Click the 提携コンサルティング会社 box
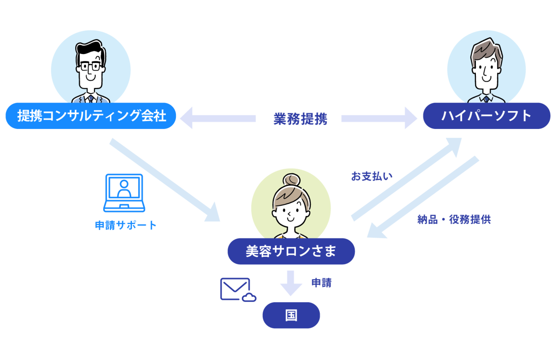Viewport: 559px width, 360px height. pos(91,116)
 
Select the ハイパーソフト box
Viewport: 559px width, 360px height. pos(486,116)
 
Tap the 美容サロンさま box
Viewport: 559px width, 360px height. pos(291,251)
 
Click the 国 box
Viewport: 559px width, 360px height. pos(291,315)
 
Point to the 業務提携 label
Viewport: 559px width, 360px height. pos(300,118)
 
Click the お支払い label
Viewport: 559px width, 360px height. pos(372,176)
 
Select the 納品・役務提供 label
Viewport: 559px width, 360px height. pos(454,219)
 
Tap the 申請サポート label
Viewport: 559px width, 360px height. pos(126,225)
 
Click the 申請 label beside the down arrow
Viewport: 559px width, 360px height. pos(322,283)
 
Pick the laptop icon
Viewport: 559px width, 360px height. pos(124,193)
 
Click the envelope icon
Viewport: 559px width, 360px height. pos(235,289)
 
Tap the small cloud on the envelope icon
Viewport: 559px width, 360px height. pos(249,298)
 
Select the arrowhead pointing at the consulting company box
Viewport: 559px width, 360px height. pos(186,118)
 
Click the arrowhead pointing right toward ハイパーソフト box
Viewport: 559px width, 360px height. pos(410,118)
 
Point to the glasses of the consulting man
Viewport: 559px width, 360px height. pos(90,67)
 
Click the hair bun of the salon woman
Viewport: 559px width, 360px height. pos(291,181)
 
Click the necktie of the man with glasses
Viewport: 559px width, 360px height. pos(91,99)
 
